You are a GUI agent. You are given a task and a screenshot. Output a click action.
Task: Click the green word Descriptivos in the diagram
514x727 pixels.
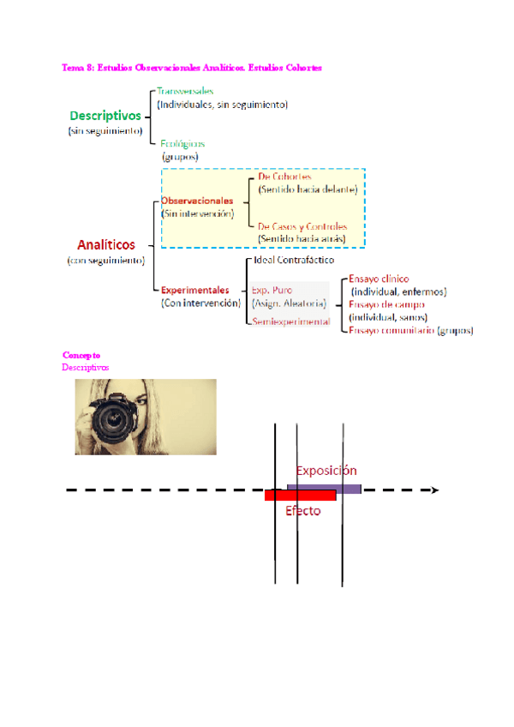pos(105,115)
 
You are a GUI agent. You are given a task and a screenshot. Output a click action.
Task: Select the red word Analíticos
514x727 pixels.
pos(106,244)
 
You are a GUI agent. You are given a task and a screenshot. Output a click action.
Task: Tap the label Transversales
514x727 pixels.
pos(185,91)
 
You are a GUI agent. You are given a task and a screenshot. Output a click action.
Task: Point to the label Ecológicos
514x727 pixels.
pos(182,144)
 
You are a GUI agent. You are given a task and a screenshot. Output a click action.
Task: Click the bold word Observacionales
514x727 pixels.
pos(197,201)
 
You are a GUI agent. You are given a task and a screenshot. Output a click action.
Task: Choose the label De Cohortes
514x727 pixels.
pos(284,177)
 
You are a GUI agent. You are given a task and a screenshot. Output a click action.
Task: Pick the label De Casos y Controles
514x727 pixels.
pos(302,226)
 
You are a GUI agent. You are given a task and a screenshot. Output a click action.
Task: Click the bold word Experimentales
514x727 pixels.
pos(195,290)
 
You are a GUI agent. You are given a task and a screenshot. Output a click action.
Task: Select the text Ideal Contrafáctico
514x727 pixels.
pos(294,259)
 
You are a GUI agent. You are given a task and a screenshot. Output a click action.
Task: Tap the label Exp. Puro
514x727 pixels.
pos(272,291)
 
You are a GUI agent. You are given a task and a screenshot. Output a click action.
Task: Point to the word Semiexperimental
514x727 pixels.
pos(290,321)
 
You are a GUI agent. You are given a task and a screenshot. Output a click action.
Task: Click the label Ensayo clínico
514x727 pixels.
pos(379,279)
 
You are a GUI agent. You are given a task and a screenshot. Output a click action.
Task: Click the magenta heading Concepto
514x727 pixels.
pos(81,355)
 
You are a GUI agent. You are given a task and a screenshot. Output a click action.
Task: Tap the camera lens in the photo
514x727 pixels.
pos(112,418)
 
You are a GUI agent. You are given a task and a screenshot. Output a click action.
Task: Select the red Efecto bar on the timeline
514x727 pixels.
pos(300,496)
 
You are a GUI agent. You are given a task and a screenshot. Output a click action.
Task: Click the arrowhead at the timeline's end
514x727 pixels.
pos(434,490)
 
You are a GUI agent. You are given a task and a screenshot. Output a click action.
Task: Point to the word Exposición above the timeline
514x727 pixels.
pos(326,471)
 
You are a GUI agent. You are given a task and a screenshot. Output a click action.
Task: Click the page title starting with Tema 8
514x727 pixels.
pos(192,67)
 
